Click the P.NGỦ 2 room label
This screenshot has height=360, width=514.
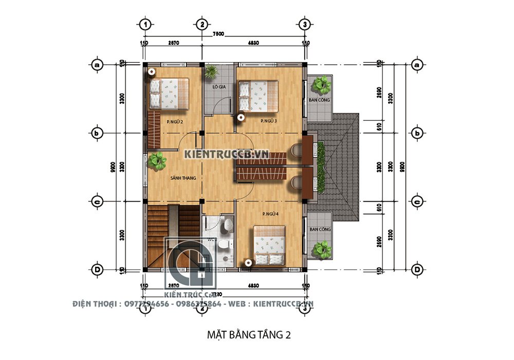pos(175,121)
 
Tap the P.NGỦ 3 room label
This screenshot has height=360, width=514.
pos(268,121)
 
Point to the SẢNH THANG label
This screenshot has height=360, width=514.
pos(183,178)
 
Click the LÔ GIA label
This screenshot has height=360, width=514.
pos(219,87)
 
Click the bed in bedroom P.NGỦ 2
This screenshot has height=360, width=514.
pos(169,93)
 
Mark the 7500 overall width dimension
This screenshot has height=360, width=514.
pos(218,34)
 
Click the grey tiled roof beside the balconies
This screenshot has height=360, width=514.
pos(342,165)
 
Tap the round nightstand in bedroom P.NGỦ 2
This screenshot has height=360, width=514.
pos(152,72)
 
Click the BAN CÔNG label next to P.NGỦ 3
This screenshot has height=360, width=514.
pos(319,100)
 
